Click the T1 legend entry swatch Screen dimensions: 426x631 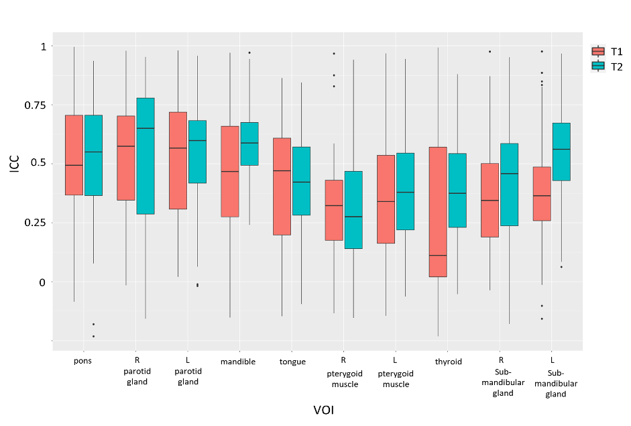599,51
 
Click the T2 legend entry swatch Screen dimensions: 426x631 599,66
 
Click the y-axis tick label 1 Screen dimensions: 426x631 43,46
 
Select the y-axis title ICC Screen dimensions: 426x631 15,164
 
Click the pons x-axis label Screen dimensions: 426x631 83,361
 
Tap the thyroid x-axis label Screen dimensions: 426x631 448,362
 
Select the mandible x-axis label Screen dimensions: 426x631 238,362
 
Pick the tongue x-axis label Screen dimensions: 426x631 292,362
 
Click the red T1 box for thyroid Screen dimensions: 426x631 438,211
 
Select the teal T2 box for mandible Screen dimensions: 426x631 249,144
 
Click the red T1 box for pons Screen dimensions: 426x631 74,155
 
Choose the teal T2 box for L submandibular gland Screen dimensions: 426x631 561,152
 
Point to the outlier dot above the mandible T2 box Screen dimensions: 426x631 249,52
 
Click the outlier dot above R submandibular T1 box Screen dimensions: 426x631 490,52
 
